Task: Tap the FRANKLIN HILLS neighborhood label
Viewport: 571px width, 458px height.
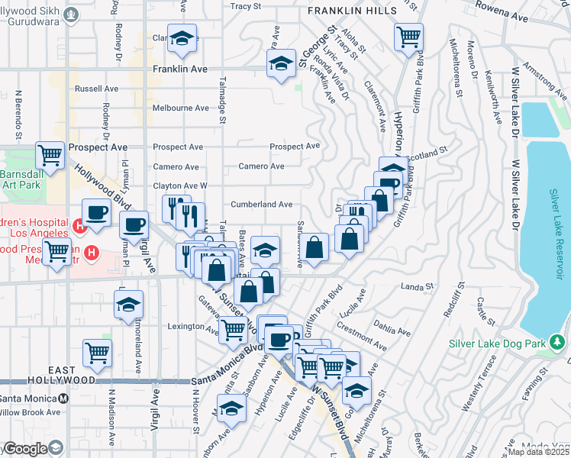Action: click(353, 11)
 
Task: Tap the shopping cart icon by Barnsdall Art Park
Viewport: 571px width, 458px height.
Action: click(50, 156)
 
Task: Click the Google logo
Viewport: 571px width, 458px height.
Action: click(24, 449)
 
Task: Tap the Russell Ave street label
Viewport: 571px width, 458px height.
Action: click(96, 89)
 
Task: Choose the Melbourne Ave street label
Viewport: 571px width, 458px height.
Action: click(181, 108)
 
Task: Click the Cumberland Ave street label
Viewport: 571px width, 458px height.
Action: click(263, 205)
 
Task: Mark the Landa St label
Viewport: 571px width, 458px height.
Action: click(418, 286)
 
